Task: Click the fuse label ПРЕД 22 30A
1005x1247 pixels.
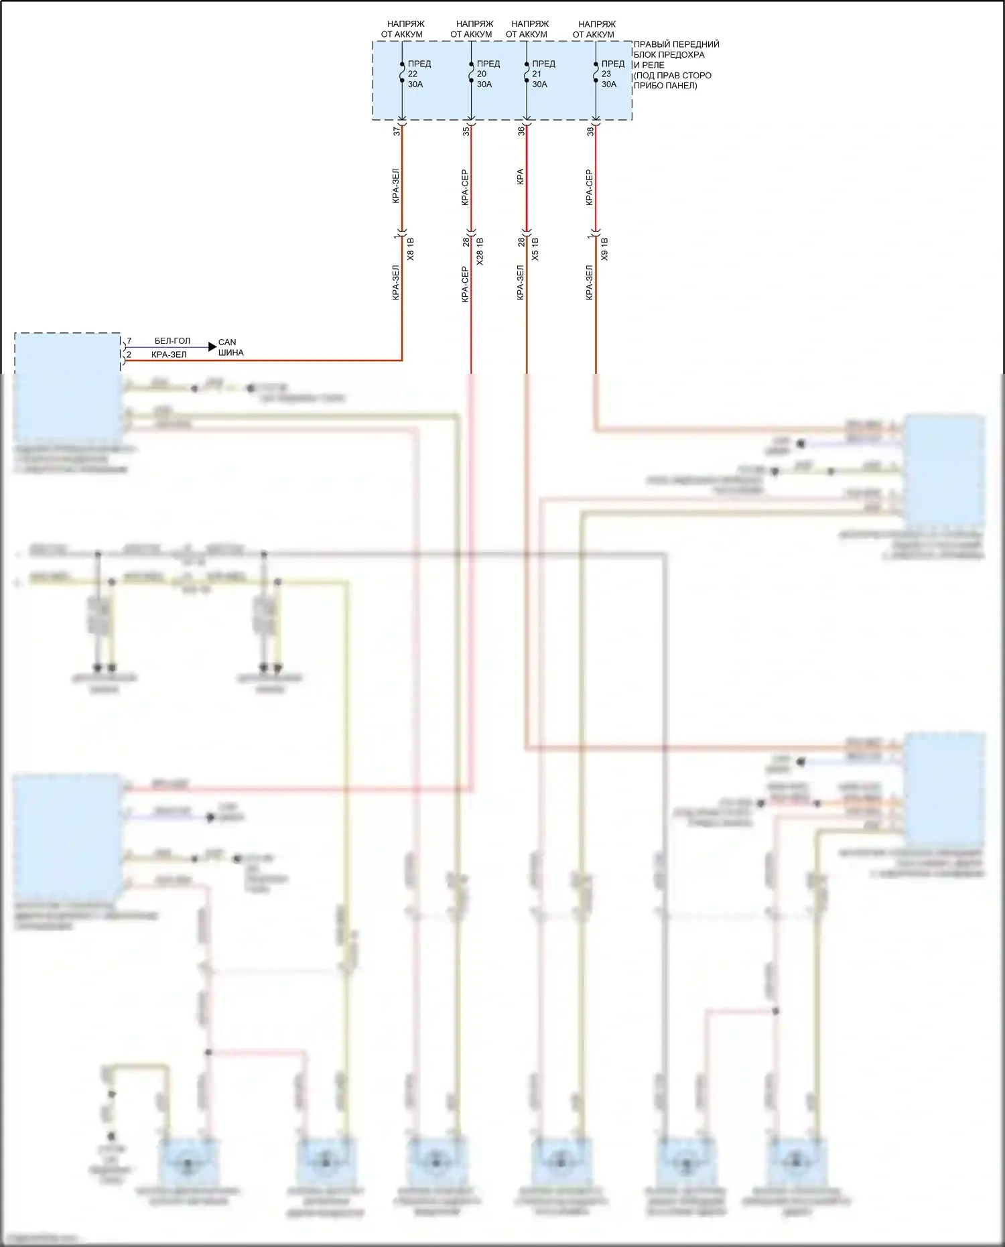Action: click(419, 74)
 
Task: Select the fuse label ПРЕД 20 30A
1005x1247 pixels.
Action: click(488, 74)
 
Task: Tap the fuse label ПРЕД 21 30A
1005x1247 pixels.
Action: click(543, 74)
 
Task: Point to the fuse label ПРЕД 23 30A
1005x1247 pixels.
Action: click(612, 74)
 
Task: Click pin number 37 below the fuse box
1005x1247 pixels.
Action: click(397, 131)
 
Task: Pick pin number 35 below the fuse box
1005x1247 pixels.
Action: click(466, 131)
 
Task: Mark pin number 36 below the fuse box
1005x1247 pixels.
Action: click(521, 131)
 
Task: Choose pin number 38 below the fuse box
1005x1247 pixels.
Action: click(590, 131)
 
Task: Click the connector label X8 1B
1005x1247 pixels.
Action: click(411, 249)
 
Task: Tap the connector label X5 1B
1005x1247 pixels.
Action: click(535, 249)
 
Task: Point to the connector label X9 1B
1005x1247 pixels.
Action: click(604, 249)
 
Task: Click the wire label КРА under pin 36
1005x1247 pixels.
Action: click(521, 177)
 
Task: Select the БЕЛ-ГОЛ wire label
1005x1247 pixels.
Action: click(172, 341)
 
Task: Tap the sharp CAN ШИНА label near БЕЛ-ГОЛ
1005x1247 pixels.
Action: click(230, 347)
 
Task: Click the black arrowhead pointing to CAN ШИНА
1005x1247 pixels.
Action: click(212, 346)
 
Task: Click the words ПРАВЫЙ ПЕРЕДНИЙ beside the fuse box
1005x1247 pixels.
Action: click(676, 44)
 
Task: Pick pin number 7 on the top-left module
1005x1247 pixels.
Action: click(129, 342)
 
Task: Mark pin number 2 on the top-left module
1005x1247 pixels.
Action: click(129, 354)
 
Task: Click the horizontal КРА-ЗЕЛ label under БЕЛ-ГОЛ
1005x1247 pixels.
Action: click(169, 354)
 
